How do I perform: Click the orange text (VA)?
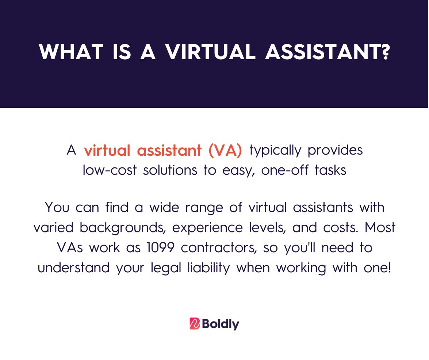coord(226,151)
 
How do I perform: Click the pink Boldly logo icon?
coord(195,323)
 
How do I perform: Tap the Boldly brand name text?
coord(220,324)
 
